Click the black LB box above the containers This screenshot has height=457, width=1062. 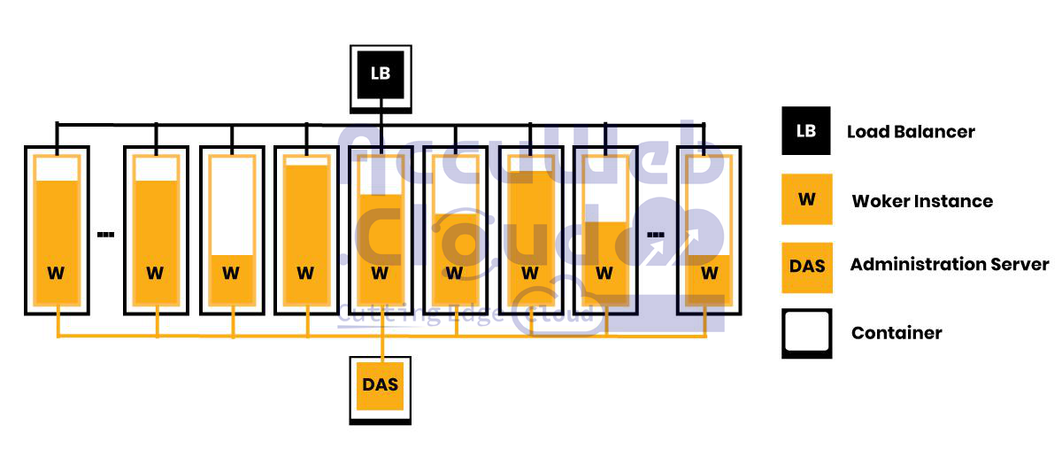[x=381, y=74]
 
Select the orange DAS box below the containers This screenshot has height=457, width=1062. [x=381, y=385]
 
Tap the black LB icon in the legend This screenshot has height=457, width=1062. [x=806, y=132]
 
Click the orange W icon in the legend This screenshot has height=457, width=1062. [x=806, y=199]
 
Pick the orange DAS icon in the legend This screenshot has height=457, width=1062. [x=806, y=265]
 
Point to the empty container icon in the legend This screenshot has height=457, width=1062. [x=806, y=332]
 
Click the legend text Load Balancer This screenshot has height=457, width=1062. [x=911, y=132]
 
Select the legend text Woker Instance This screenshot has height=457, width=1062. [x=922, y=201]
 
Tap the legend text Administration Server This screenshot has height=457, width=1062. [x=950, y=264]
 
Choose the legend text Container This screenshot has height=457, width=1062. [x=897, y=333]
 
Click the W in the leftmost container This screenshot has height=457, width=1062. [x=56, y=274]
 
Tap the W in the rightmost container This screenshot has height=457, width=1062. [x=709, y=274]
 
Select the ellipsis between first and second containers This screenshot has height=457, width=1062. [x=105, y=235]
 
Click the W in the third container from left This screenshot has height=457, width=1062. [x=231, y=274]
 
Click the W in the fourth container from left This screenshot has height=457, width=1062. [x=305, y=274]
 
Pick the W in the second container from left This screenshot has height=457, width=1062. [x=155, y=274]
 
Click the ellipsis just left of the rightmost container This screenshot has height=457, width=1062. [x=656, y=235]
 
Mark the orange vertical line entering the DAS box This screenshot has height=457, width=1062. [x=381, y=346]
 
